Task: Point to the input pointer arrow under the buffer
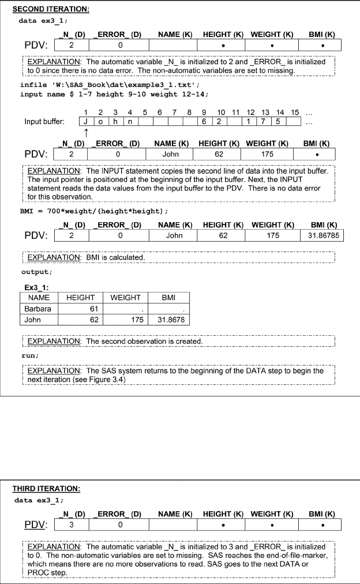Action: click(x=85, y=132)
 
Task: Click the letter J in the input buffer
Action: click(x=85, y=122)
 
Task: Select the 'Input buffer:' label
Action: click(x=44, y=122)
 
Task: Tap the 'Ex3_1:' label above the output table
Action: click(x=36, y=286)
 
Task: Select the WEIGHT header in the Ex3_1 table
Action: click(x=125, y=298)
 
